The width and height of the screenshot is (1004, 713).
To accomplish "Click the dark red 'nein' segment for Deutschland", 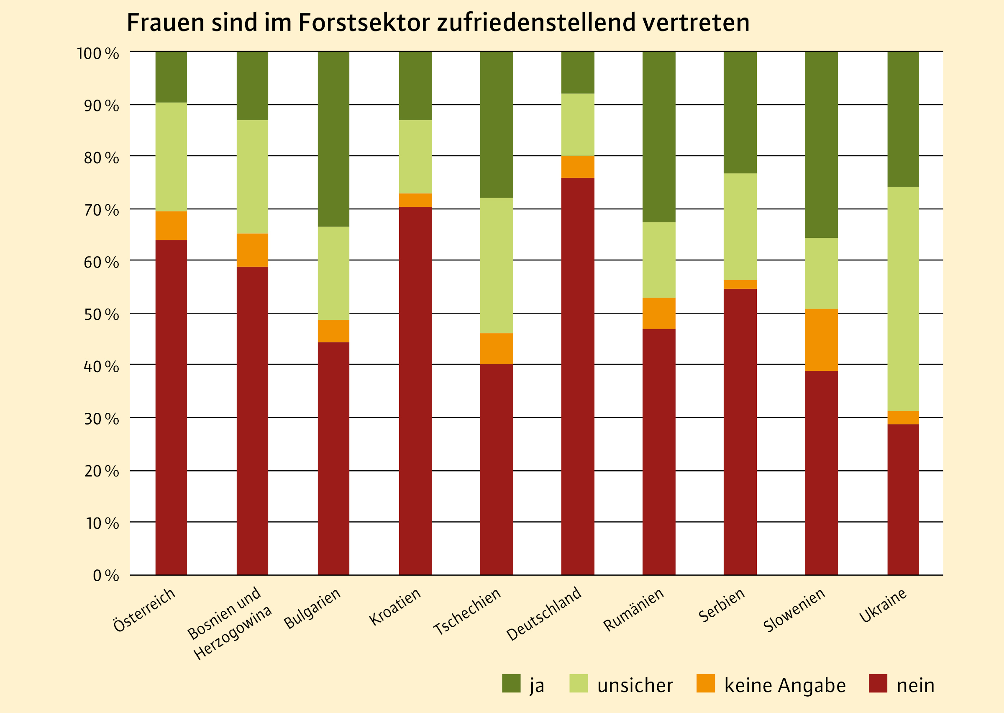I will [x=578, y=376].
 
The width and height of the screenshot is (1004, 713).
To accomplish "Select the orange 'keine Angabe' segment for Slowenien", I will [x=821, y=340].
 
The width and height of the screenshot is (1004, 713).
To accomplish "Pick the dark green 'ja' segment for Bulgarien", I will [x=333, y=139].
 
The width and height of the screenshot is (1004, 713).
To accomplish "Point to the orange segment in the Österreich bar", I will [x=171, y=226].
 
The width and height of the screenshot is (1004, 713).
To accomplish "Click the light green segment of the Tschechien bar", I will [x=497, y=265].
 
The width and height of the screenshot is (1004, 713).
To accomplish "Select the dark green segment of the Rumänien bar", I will [x=659, y=136].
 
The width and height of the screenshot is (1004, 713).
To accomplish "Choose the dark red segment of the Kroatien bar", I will [x=415, y=390].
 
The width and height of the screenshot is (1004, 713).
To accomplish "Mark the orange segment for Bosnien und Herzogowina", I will [x=252, y=250].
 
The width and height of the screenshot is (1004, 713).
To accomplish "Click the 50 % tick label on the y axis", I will [x=101, y=314].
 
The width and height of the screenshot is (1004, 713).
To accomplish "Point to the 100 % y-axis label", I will [x=98, y=54].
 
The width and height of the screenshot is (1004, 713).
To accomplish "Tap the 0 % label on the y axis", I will [x=106, y=575].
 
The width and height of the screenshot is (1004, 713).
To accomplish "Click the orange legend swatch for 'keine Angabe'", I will [x=705, y=683].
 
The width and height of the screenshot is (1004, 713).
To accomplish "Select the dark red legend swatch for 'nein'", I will [x=878, y=683].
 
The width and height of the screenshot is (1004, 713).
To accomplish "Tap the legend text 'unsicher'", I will [x=635, y=685].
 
